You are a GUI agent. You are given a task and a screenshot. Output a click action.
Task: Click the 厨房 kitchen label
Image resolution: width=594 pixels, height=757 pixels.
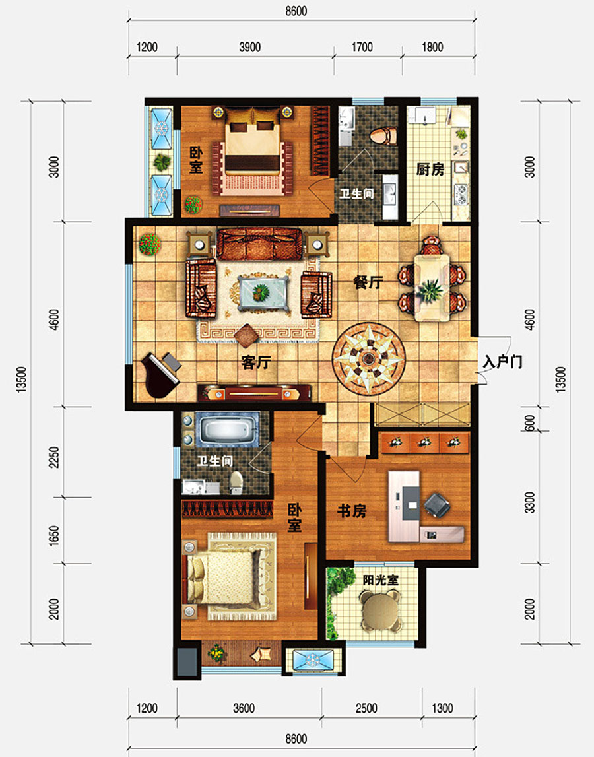pyautogui.click(x=430, y=170)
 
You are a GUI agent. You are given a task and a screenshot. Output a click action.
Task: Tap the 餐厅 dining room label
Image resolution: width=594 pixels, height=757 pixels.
pyautogui.click(x=368, y=282)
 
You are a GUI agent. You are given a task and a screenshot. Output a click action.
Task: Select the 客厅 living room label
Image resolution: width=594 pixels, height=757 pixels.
pyautogui.click(x=256, y=362)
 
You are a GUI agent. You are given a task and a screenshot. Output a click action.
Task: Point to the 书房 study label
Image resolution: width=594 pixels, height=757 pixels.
pyautogui.click(x=352, y=511)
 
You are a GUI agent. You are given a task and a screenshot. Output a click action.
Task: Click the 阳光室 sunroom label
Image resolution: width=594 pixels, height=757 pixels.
pyautogui.click(x=381, y=580)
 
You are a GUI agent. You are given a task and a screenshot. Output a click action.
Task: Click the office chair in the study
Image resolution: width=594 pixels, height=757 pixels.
pyautogui.click(x=438, y=505)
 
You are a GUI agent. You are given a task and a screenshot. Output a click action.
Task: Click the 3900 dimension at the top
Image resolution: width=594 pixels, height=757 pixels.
pyautogui.click(x=249, y=48)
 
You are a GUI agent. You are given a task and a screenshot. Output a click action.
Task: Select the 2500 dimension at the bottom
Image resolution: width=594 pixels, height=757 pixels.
pyautogui.click(x=366, y=708)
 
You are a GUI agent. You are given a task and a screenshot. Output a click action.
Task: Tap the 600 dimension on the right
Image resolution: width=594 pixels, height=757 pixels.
pyautogui.click(x=530, y=424)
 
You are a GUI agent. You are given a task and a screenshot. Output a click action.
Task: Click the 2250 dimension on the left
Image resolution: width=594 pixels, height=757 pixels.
pyautogui.click(x=55, y=457)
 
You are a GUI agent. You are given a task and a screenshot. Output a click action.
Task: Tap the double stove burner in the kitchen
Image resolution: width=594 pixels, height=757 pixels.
pyautogui.click(x=461, y=194)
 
